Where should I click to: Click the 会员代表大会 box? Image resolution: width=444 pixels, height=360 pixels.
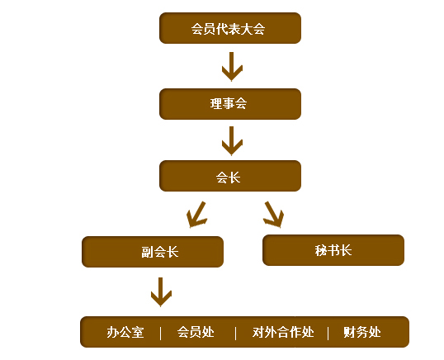tap(230, 28)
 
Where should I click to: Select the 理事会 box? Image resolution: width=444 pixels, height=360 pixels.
tap(230, 104)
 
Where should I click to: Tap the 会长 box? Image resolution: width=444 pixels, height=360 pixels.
tap(230, 176)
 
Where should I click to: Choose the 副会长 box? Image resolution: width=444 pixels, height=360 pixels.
tap(153, 252)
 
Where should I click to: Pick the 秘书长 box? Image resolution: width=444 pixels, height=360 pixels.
tap(333, 250)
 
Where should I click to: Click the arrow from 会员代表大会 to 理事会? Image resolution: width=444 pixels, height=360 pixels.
tap(232, 67)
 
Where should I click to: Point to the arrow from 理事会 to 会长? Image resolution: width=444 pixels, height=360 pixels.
tap(232, 141)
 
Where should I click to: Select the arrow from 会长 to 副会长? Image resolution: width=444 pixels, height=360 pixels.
tap(196, 215)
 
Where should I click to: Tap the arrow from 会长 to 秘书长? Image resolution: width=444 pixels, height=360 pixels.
tap(273, 215)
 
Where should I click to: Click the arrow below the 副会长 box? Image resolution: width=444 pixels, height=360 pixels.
tap(161, 292)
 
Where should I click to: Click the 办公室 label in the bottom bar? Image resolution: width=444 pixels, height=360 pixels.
tap(125, 332)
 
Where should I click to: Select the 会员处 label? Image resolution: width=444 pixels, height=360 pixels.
tap(196, 332)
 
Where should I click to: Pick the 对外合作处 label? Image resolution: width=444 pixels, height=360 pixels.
tap(283, 332)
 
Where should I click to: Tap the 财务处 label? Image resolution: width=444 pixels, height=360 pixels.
tap(361, 332)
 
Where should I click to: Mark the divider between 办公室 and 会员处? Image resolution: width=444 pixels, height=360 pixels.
tap(161, 333)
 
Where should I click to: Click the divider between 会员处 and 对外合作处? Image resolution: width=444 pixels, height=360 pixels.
tap(235, 333)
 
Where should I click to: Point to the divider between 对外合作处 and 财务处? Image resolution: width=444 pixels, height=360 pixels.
tap(328, 333)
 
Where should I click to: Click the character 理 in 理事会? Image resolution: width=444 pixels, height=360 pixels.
tap(215, 104)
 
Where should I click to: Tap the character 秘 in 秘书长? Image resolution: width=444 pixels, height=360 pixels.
tap(321, 251)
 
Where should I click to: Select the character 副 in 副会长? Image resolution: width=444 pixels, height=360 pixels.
tap(147, 252)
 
